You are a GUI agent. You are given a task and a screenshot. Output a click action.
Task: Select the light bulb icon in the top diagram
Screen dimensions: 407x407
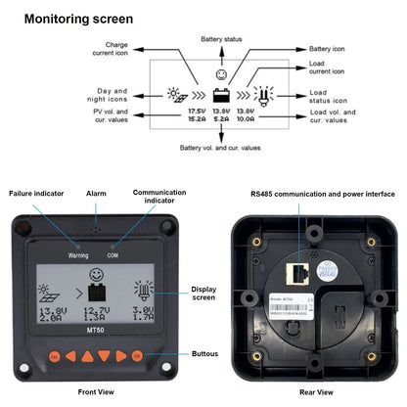[x=265, y=94]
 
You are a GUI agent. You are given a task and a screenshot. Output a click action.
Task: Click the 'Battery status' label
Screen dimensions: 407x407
[x=221, y=39]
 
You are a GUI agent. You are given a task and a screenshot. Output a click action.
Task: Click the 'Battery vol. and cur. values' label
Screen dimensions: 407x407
[x=220, y=148]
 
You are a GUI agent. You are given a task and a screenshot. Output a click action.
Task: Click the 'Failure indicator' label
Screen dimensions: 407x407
[x=35, y=194]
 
